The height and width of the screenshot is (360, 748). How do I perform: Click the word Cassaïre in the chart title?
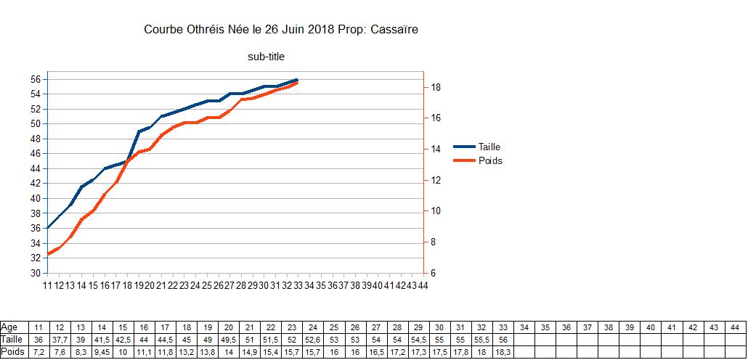[x=394, y=30]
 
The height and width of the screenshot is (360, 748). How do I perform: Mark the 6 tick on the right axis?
[x=433, y=274]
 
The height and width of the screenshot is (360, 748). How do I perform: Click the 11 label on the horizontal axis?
[x=48, y=286]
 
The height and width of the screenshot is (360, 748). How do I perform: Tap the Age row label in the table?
[x=10, y=327]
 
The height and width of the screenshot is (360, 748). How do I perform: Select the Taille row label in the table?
[x=12, y=340]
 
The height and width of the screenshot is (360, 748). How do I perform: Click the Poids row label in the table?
[x=12, y=352]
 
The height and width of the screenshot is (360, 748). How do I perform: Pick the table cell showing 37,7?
[x=60, y=340]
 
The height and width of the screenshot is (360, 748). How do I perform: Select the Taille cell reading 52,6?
[x=313, y=340]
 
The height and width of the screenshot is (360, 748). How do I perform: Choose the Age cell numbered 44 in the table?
[x=735, y=327]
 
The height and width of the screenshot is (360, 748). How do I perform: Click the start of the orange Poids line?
[x=48, y=254]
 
